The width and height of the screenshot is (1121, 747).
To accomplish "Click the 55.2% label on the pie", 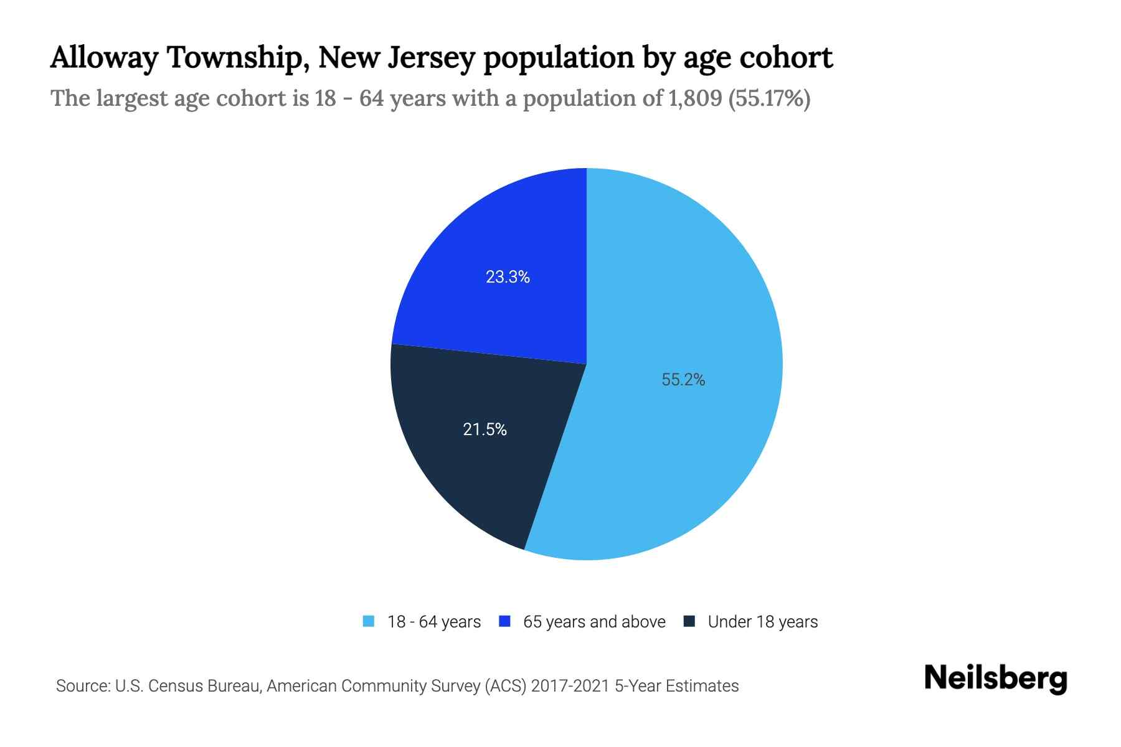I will point(683,380).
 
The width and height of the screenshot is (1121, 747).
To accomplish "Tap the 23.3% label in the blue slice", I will point(508,277).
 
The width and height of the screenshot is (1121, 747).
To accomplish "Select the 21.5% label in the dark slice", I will point(485,430).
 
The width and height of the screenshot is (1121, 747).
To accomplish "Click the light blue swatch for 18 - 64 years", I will point(369,621).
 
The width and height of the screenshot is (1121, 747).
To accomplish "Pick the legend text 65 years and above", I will point(594,622).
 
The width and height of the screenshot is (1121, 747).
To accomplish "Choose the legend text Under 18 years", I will point(762,622).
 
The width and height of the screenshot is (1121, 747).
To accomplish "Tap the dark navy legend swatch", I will point(689,621).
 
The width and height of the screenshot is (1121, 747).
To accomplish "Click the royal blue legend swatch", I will point(505,621).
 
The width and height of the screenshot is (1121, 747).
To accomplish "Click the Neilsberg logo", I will point(996,679).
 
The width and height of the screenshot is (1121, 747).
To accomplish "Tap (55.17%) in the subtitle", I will point(769,98).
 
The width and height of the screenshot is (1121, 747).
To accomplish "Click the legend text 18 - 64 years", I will point(434,622).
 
